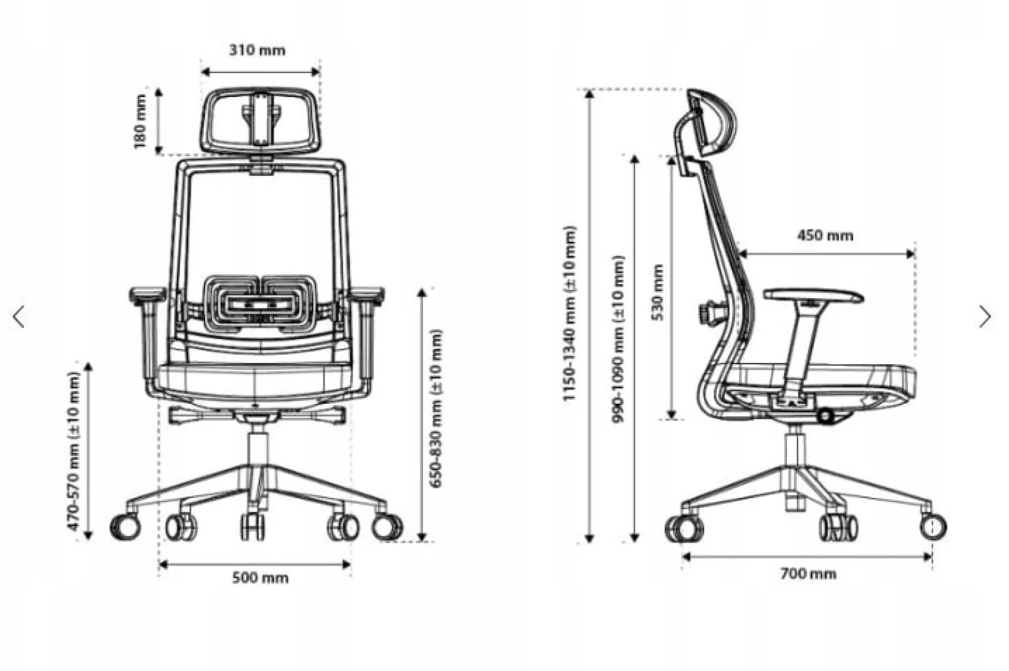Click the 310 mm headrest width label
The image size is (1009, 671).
click(257, 50)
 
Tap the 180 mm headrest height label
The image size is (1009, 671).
click(140, 121)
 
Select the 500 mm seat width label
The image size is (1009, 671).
click(260, 578)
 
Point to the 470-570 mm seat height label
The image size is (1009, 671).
click(73, 450)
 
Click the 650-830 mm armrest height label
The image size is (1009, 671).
click(435, 408)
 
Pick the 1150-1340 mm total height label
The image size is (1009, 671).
click(569, 313)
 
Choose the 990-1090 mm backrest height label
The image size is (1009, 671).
click(618, 339)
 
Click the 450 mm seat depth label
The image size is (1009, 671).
click(825, 236)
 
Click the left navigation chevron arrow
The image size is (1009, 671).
click(19, 317)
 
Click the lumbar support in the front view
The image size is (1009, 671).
click(259, 301)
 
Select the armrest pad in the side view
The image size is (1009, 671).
click(814, 296)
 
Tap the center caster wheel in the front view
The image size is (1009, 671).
click(253, 526)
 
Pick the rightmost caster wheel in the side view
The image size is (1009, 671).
click(933, 527)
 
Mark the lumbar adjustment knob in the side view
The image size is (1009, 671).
click(708, 312)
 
